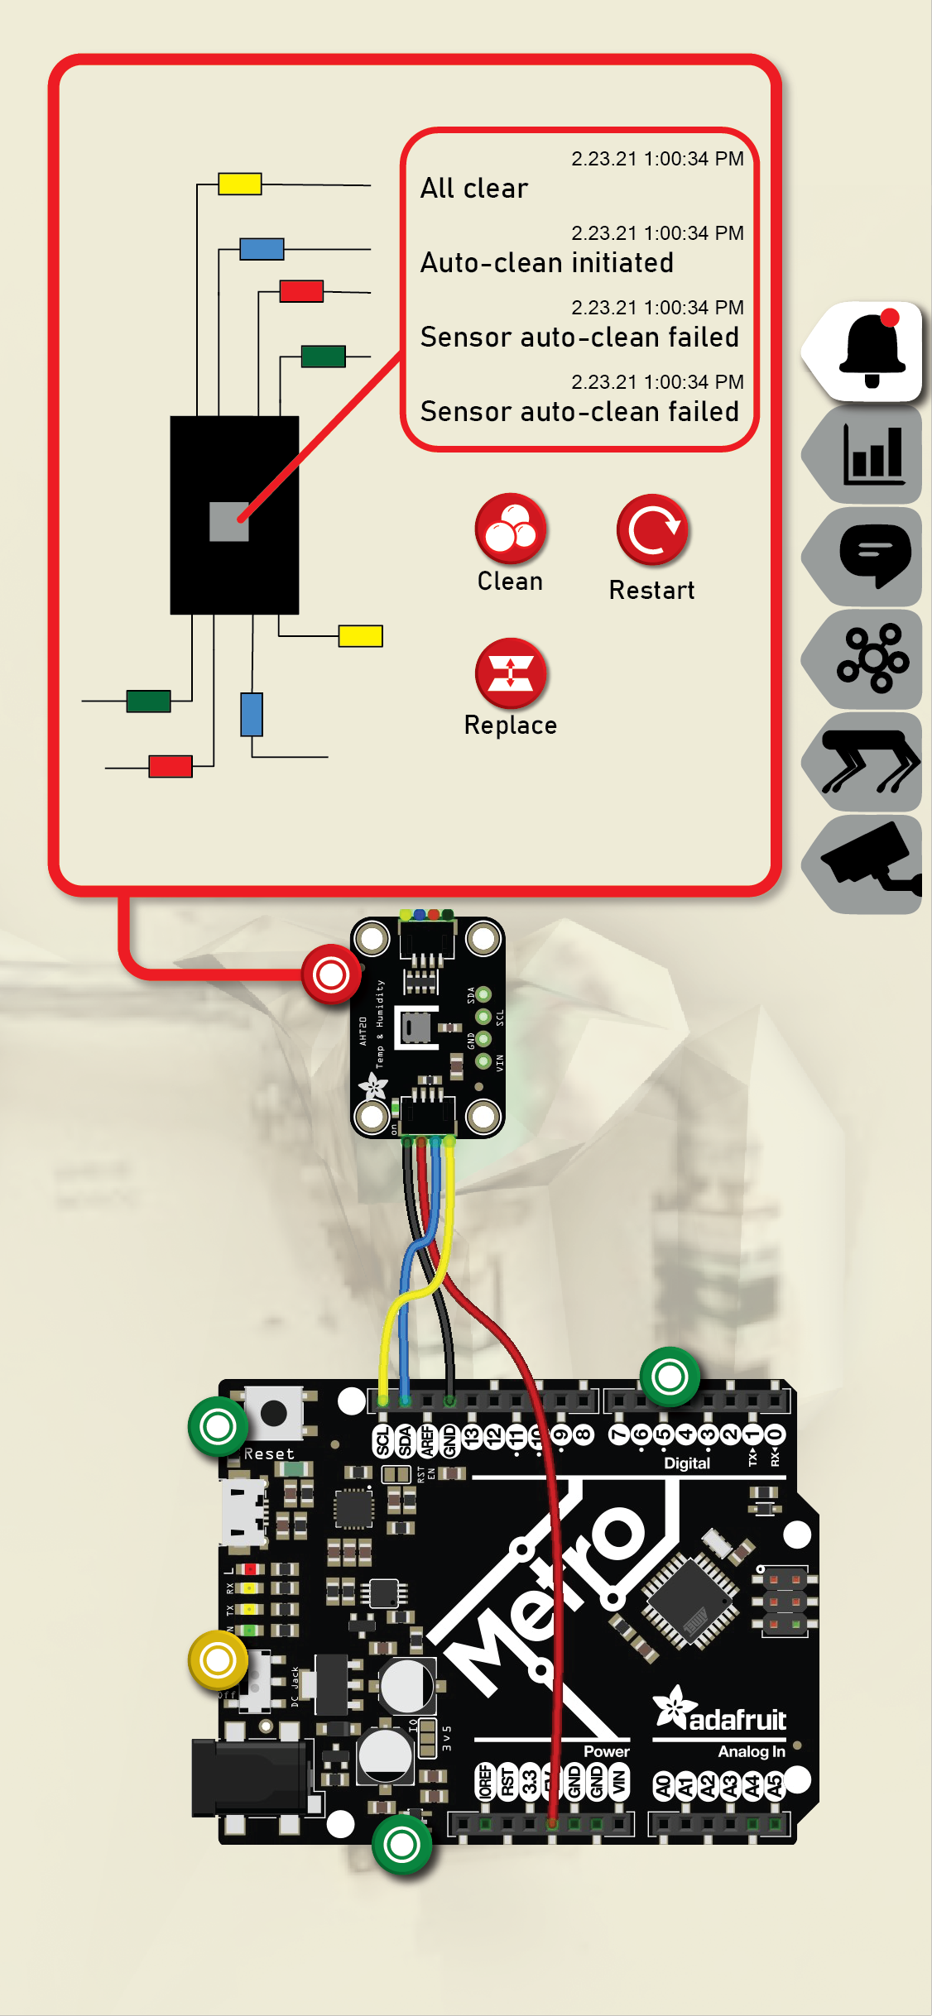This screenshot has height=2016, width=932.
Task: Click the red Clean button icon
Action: pyautogui.click(x=511, y=529)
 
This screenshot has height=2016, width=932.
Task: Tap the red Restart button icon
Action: pyautogui.click(x=652, y=530)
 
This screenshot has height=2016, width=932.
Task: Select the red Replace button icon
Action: pyautogui.click(x=511, y=673)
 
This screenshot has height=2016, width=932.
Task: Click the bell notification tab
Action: pyautogui.click(x=870, y=352)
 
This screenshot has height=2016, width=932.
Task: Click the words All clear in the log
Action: pyautogui.click(x=473, y=189)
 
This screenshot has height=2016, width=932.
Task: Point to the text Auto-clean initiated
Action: pyautogui.click(x=546, y=263)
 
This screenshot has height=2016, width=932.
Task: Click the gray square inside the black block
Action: pyautogui.click(x=229, y=521)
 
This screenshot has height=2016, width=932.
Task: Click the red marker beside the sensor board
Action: pyautogui.click(x=331, y=974)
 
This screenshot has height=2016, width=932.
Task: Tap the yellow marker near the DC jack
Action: pyautogui.click(x=218, y=1659)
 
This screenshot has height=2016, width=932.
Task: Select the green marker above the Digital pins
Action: pyautogui.click(x=670, y=1377)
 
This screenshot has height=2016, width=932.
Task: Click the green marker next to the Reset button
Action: pyautogui.click(x=218, y=1426)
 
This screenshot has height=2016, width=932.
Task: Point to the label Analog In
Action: pyautogui.click(x=751, y=1751)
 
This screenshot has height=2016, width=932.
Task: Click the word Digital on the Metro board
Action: pyautogui.click(x=687, y=1463)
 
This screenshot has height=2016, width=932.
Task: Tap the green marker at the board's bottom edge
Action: pyautogui.click(x=402, y=1844)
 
